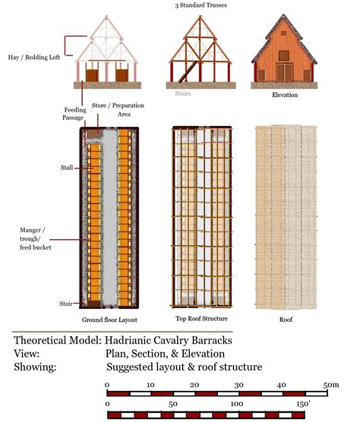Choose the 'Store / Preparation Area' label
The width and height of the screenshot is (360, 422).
tap(113, 109)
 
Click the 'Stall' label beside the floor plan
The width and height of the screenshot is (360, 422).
tap(67, 167)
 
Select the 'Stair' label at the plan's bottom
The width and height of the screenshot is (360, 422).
tap(66, 304)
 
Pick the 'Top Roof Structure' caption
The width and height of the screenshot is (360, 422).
tap(201, 319)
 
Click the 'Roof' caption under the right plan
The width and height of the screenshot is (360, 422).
tap(287, 320)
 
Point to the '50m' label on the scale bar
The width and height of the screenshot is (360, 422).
tap(330, 386)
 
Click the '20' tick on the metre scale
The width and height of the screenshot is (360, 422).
tap(194, 386)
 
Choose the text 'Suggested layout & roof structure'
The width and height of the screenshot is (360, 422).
tap(184, 367)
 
